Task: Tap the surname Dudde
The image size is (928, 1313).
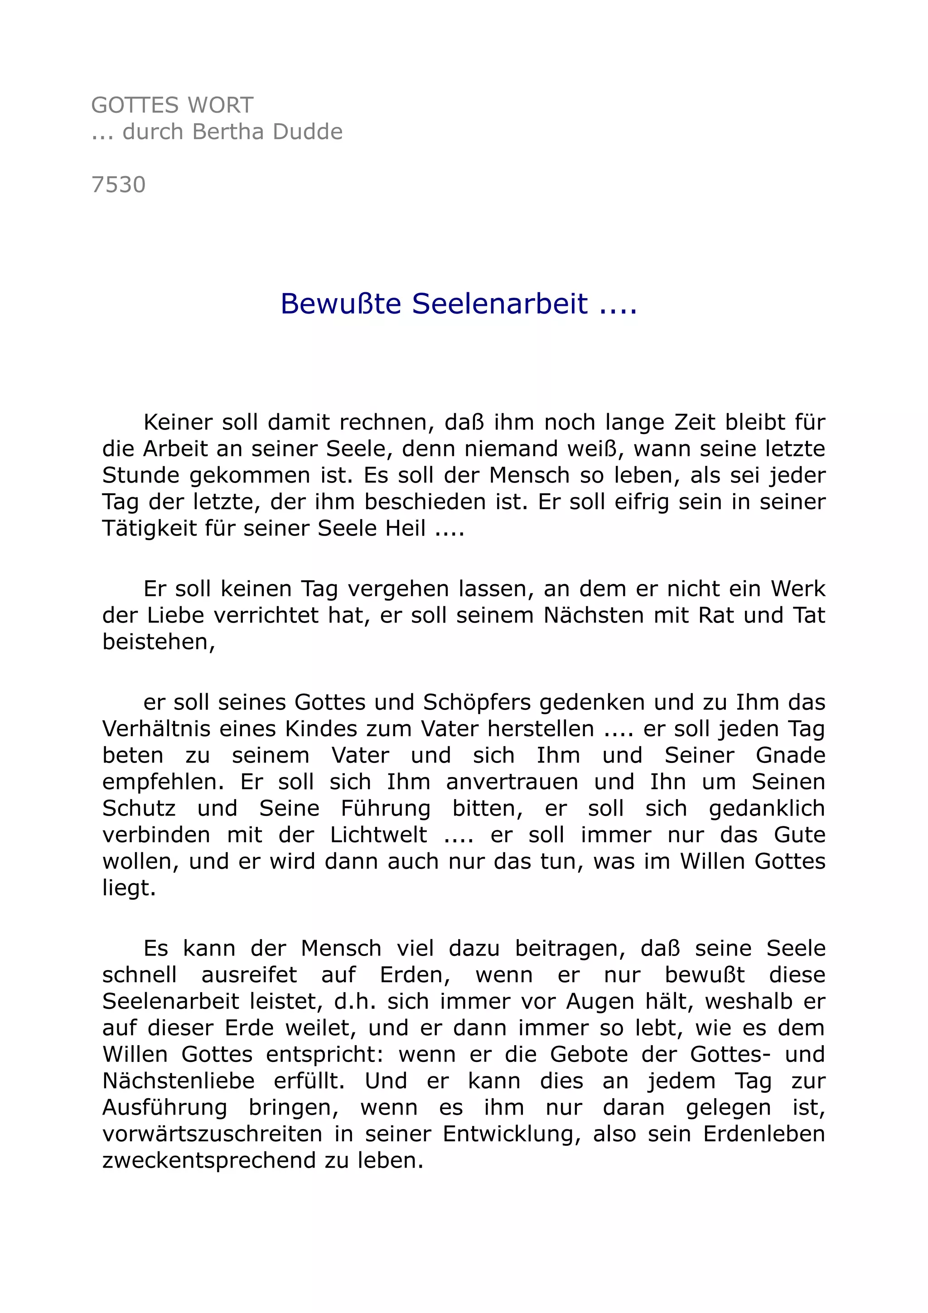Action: pos(308,132)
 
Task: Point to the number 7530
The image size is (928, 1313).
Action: pos(118,185)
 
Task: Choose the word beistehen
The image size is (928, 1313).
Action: pos(157,642)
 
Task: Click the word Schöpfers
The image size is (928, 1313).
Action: pos(476,702)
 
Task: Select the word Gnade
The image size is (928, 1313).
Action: pos(790,755)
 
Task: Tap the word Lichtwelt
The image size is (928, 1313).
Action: pos(378,835)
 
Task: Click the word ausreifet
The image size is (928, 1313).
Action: pos(249,975)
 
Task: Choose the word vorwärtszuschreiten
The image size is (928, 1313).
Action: pos(212,1134)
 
